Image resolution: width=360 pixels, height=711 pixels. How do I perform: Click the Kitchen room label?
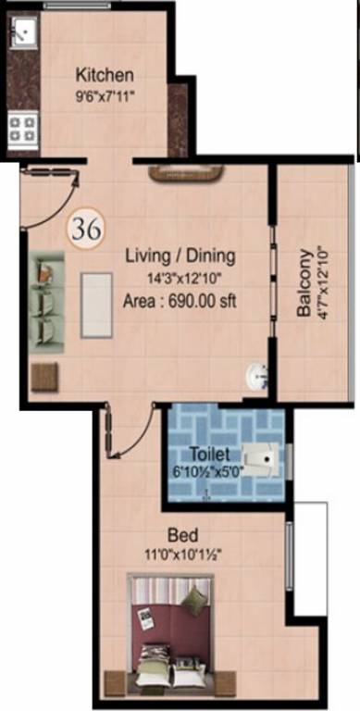pos(105,75)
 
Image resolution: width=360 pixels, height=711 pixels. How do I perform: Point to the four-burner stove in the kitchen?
pos(22,128)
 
